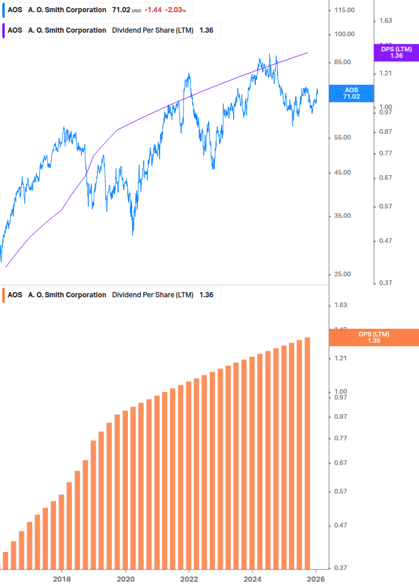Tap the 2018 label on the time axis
[x=62, y=579]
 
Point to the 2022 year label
[x=189, y=579]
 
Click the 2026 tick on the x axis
[x=316, y=579]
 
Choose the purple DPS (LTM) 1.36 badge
[x=396, y=53]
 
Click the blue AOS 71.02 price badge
[x=351, y=93]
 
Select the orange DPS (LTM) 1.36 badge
[x=374, y=337]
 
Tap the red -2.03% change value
[x=175, y=10]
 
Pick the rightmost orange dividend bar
[x=307, y=453]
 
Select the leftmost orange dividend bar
[x=6, y=560]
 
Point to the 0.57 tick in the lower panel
[x=341, y=491]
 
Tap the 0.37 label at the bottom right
[x=341, y=567]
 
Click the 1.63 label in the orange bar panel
[x=341, y=305]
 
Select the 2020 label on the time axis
[x=126, y=579]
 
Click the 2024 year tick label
[x=252, y=579]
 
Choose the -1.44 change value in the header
[x=153, y=10]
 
